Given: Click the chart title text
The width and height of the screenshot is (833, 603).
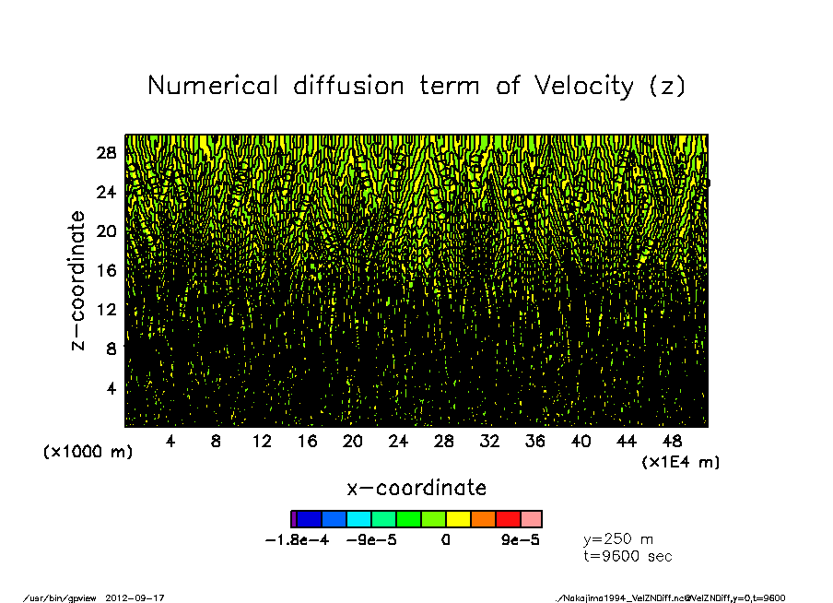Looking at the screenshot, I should click(416, 86).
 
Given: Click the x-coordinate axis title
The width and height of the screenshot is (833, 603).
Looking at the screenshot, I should click(416, 487).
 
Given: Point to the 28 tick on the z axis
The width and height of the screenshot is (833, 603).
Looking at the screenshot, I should click(108, 153).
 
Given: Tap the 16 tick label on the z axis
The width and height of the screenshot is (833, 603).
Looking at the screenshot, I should click(108, 270).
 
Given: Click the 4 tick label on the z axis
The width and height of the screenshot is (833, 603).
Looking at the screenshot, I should click(111, 387).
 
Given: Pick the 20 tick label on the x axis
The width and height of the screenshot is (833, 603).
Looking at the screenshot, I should click(353, 442).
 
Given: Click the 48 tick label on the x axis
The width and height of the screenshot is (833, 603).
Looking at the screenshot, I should click(673, 442).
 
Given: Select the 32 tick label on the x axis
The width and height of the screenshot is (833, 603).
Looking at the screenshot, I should click(489, 442).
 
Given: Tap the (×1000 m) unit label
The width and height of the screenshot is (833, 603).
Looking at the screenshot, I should click(88, 453).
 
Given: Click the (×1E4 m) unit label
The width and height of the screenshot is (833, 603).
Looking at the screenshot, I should click(681, 462).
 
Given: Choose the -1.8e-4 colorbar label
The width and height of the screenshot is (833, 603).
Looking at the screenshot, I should click(297, 541).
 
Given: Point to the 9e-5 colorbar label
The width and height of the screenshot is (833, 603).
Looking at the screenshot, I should click(521, 541).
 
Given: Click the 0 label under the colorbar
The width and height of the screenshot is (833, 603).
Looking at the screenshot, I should click(445, 541).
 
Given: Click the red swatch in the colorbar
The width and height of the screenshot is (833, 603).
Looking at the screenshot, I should click(508, 519).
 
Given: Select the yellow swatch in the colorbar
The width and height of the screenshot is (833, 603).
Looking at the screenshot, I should click(458, 519).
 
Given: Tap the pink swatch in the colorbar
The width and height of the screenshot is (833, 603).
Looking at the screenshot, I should click(532, 519).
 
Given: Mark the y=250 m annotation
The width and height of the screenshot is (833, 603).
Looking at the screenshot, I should click(618, 539).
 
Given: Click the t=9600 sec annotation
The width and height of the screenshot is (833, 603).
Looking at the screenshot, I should click(628, 556).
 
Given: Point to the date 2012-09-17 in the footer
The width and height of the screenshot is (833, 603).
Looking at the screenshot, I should click(142, 597).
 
